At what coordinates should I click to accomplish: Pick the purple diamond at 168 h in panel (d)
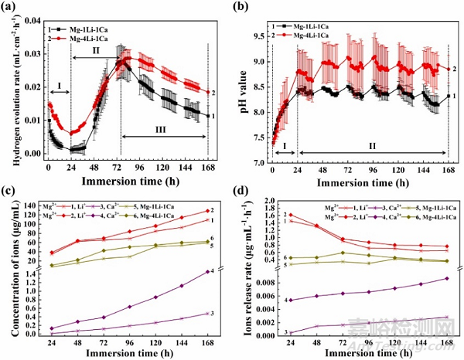(x=447, y=279)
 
